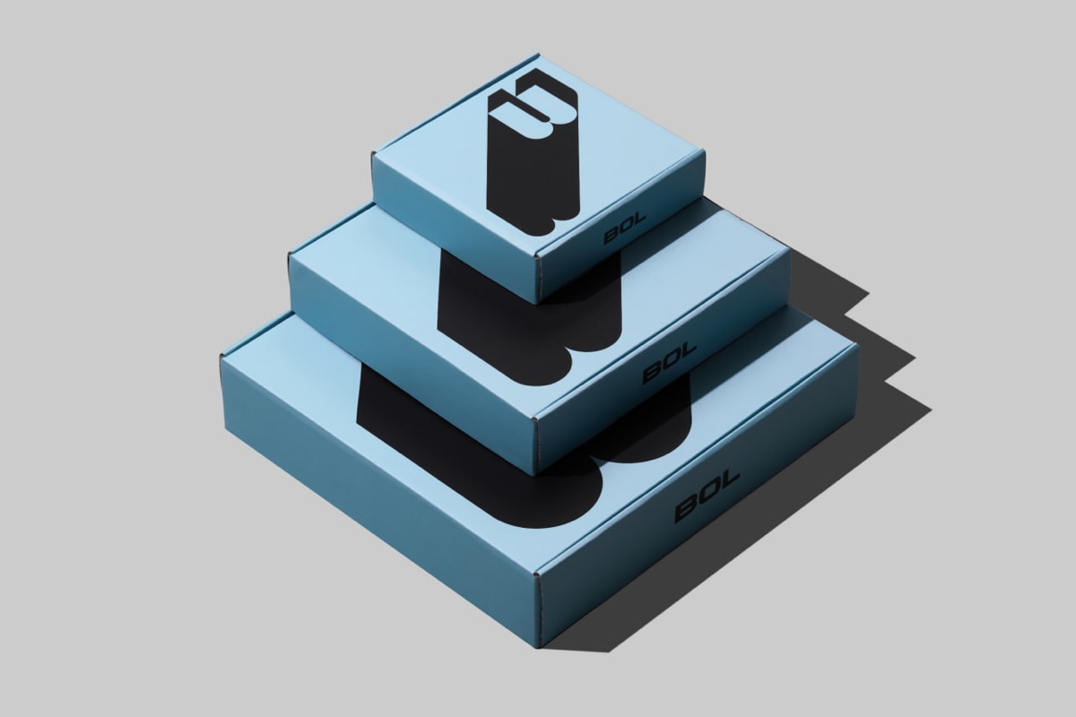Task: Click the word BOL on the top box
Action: coord(625,229)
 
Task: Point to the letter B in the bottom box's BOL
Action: coord(687,509)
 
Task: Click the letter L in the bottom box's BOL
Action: coord(729,481)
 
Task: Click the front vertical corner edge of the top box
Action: coord(539,279)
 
